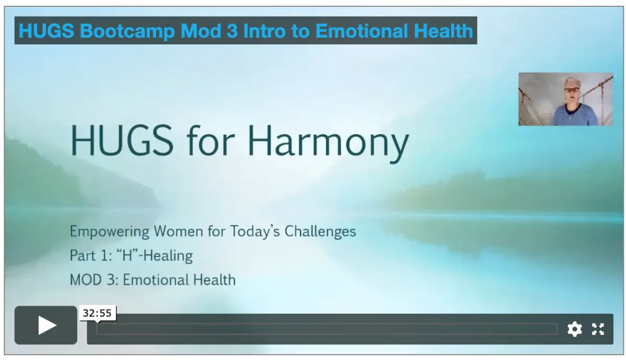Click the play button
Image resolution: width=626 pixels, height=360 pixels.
pos(46,325)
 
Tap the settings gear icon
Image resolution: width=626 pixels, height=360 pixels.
pos(574,329)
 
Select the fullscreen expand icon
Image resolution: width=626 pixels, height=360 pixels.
pos(598,329)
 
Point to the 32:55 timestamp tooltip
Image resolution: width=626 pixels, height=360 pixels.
pos(97,313)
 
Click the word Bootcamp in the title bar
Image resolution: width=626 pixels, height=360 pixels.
pos(127,31)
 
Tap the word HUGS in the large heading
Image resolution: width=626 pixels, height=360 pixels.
pos(122,140)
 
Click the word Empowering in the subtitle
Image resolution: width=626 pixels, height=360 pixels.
pos(110,232)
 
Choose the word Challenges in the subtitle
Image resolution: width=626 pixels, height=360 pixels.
pos(320,232)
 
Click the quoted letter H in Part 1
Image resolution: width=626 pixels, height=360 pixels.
pos(127,255)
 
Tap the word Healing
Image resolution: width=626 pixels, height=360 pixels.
pos(168,256)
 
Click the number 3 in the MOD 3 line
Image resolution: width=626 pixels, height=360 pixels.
pos(111,280)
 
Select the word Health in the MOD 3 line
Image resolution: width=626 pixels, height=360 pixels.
pos(214,280)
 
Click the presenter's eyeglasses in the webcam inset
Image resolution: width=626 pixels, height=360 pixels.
pos(572,90)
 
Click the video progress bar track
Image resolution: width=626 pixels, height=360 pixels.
pos(327,329)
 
